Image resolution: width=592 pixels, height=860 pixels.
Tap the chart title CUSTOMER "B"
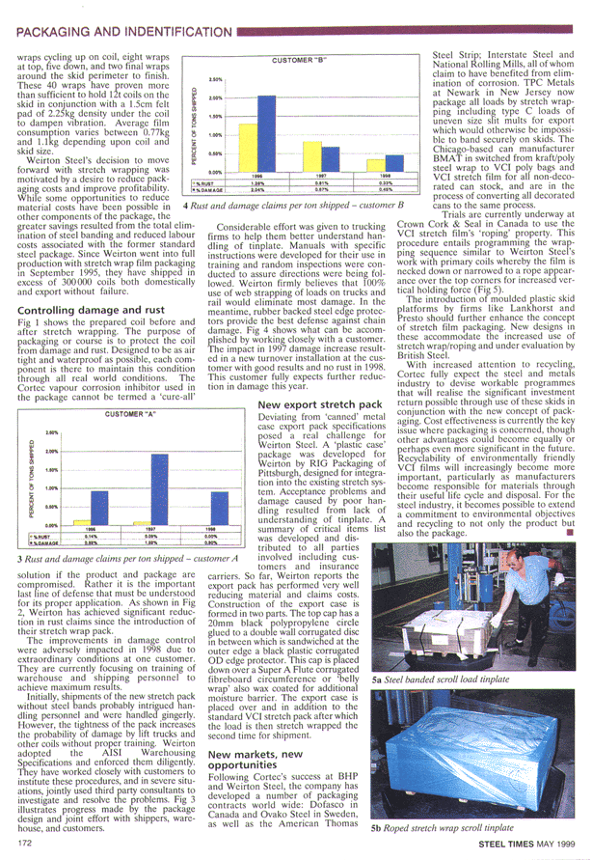pos(296,60)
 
